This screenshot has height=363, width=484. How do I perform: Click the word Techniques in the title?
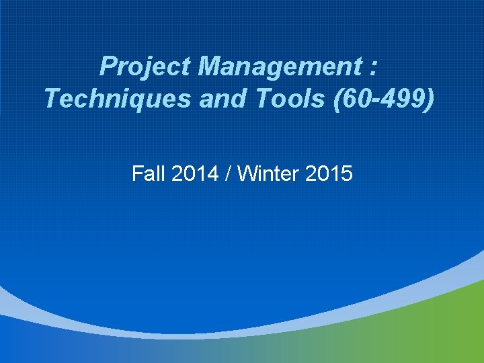pyautogui.click(x=107, y=99)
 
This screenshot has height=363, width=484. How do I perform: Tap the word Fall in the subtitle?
pyautogui.click(x=147, y=174)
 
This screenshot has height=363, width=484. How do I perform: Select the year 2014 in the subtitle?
pyautogui.click(x=195, y=174)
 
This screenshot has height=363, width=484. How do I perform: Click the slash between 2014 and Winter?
pyautogui.click(x=229, y=174)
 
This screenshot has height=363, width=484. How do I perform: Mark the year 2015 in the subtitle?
pyautogui.click(x=329, y=174)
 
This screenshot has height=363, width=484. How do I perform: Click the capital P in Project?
pyautogui.click(x=108, y=67)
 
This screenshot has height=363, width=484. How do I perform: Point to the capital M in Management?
pyautogui.click(x=210, y=67)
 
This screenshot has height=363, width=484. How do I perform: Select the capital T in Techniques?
pyautogui.click(x=52, y=99)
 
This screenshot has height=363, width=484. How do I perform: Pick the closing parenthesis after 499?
pyautogui.click(x=431, y=99)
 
